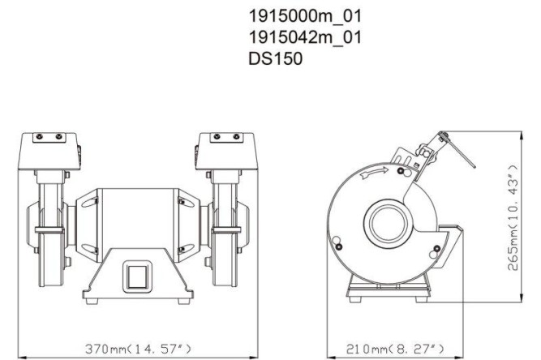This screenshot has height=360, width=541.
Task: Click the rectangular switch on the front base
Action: [x=135, y=276]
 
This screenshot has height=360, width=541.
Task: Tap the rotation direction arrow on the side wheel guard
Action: [x=376, y=172]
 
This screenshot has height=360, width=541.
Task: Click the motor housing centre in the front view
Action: [x=135, y=219]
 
